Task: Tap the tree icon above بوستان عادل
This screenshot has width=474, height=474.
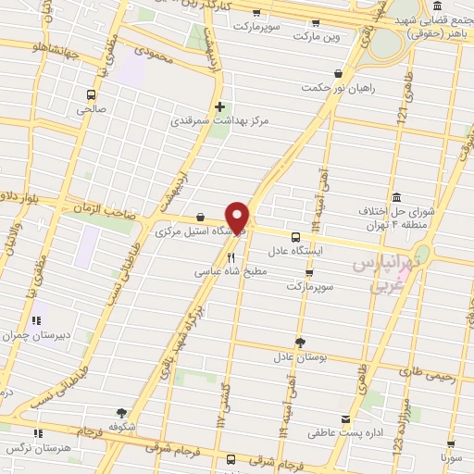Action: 298,342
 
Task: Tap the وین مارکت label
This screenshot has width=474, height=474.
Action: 318,36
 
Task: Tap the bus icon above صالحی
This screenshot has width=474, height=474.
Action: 91,94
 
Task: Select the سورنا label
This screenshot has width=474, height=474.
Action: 450,457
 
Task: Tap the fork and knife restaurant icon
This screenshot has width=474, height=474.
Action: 231,257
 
